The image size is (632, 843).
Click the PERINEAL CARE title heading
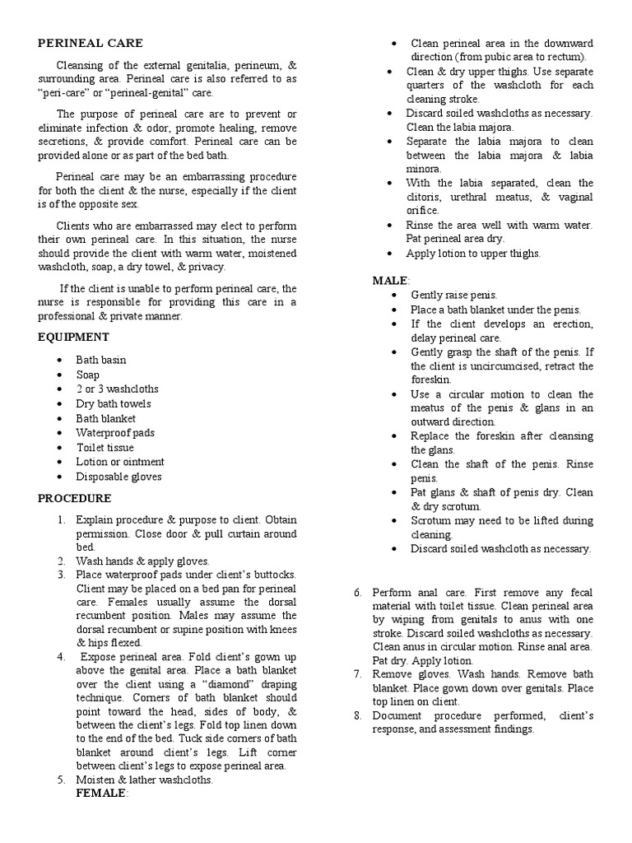91,43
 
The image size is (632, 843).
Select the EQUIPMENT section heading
73,337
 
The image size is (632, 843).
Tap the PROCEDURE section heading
75,498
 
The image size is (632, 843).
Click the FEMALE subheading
100,793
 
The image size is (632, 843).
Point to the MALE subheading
390,281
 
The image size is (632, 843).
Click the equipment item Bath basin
101,360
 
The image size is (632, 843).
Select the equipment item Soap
88,375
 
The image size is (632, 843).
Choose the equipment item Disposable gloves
118,477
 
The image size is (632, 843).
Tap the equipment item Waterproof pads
115,432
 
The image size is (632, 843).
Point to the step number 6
358,593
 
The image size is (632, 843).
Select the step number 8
358,715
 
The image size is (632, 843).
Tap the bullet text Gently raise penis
454,295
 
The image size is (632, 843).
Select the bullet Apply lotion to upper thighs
473,254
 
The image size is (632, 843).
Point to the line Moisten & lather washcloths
144,780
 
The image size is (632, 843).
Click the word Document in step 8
399,715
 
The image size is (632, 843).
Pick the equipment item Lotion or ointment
120,462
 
